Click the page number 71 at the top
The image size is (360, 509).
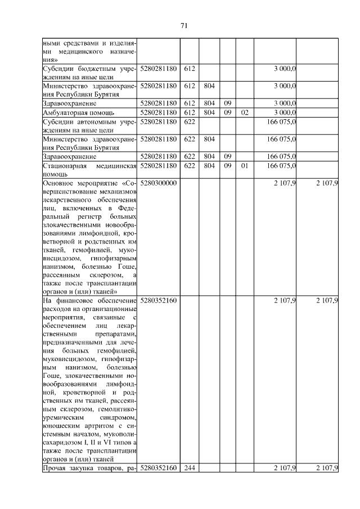click(x=183, y=25)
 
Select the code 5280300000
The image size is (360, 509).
click(x=158, y=183)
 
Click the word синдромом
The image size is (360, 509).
click(x=117, y=418)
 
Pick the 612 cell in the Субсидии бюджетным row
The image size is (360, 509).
click(x=189, y=68)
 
